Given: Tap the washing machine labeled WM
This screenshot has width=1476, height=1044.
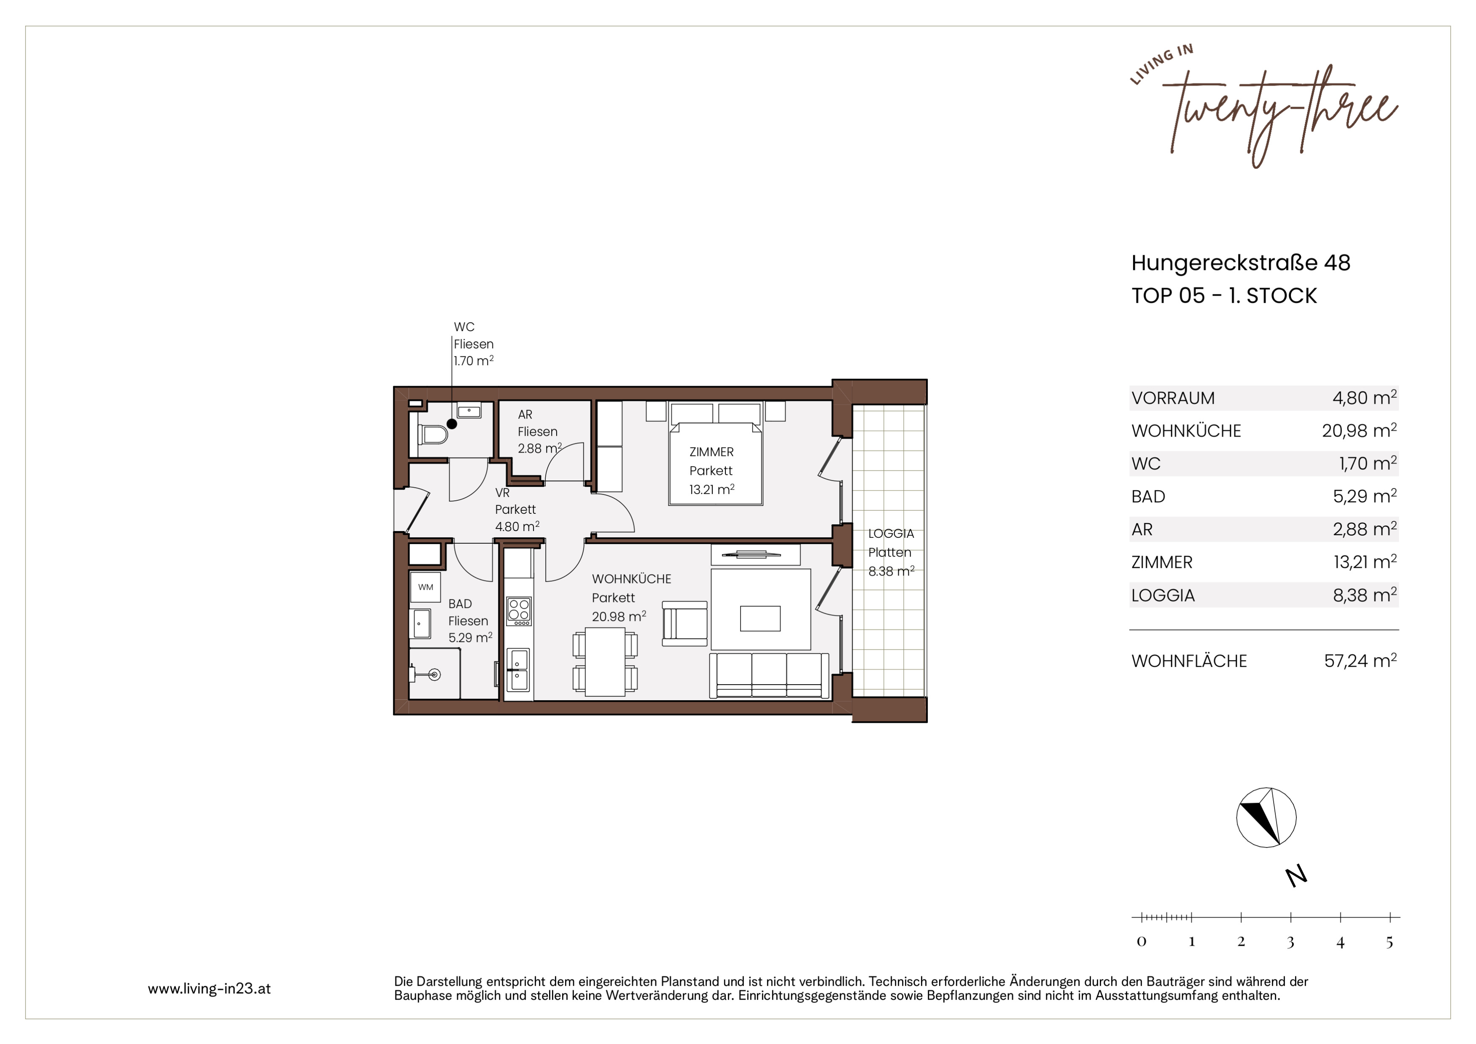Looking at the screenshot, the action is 426,587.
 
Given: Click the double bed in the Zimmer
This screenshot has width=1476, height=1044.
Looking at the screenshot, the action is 716,453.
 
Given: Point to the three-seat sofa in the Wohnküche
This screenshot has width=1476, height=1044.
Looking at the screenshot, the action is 769,675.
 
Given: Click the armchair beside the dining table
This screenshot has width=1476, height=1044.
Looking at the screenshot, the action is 684,623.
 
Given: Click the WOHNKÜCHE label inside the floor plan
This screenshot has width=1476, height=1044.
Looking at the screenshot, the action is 631,579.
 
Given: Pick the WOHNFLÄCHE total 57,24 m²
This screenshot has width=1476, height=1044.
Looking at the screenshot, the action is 1360,661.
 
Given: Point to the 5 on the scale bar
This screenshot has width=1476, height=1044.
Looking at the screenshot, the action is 1389,942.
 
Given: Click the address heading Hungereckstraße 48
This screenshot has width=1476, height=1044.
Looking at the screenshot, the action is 1241,262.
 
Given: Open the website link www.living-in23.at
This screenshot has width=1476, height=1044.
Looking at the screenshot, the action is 209,989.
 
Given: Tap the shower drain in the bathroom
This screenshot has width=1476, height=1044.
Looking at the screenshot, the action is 434,674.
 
